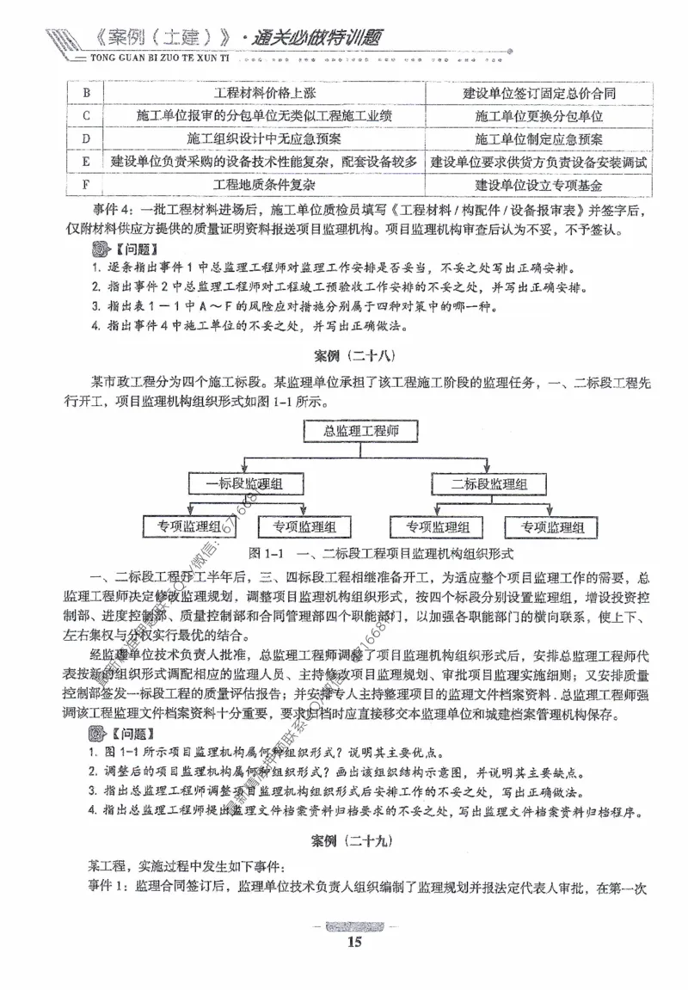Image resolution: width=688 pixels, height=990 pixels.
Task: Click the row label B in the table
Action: click(x=86, y=93)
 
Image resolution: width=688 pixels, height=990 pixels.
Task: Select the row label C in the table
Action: click(x=86, y=115)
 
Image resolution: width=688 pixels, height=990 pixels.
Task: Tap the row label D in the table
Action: click(x=86, y=138)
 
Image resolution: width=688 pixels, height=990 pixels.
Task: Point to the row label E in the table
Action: click(x=86, y=162)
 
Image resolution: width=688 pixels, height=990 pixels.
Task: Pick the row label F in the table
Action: click(x=86, y=185)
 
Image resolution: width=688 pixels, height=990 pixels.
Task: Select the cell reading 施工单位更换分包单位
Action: click(x=538, y=115)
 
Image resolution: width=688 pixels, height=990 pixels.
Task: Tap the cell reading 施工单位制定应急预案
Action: click(x=538, y=138)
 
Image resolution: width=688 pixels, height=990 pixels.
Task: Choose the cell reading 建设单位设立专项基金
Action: click(x=538, y=185)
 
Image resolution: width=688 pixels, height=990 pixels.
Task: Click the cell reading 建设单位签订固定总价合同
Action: click(x=538, y=93)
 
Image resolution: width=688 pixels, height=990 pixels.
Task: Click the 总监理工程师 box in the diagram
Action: click(x=357, y=431)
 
